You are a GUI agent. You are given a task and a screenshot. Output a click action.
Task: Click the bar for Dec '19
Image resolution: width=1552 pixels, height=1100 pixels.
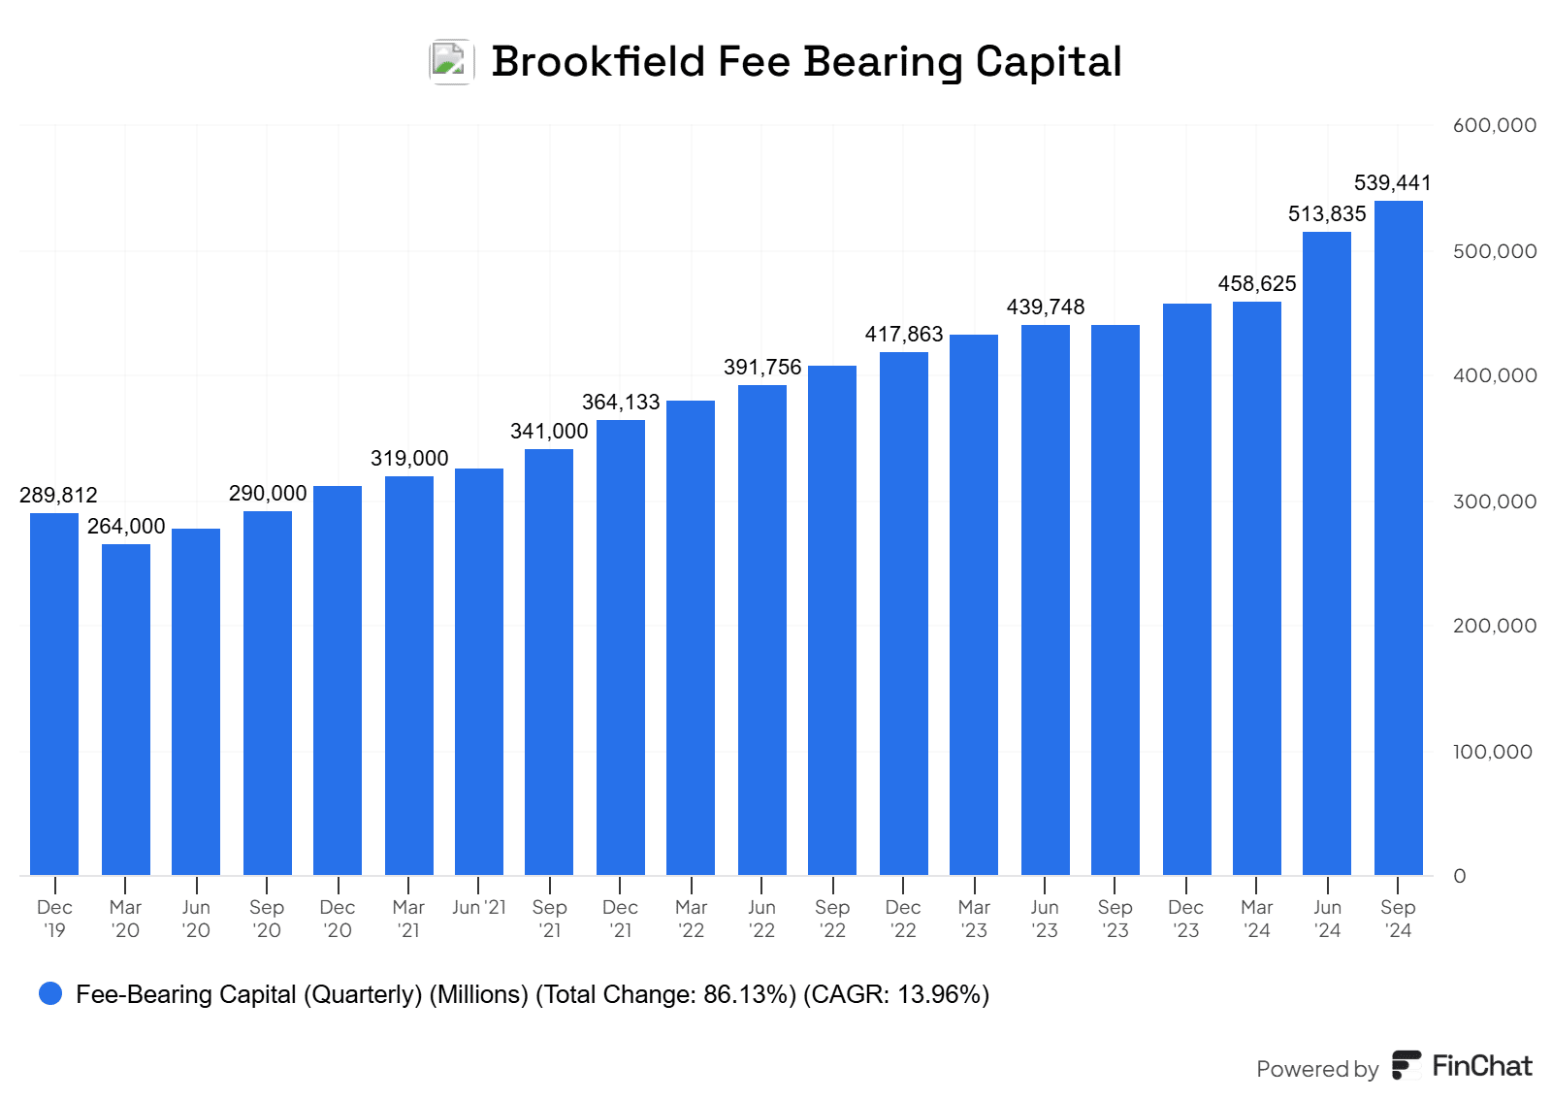[54, 694]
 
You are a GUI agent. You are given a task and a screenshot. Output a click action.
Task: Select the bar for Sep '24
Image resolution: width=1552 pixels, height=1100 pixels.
[1398, 538]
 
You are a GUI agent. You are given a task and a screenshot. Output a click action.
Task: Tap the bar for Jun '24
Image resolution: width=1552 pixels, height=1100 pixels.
[1327, 553]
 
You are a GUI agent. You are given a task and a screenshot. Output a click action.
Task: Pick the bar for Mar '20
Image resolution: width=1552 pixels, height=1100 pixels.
[126, 709]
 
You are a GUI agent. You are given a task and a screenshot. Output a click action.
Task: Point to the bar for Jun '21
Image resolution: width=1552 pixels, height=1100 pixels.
[479, 671]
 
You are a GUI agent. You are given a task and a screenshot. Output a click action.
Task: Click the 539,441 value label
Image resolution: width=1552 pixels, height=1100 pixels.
[1392, 182]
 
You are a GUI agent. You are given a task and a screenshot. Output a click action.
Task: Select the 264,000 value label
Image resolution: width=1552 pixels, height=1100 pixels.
[126, 526]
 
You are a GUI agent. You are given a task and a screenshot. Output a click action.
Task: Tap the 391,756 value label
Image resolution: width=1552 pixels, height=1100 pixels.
[762, 367]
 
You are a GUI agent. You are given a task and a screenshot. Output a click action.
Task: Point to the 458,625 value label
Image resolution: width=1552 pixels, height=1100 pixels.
[1257, 283]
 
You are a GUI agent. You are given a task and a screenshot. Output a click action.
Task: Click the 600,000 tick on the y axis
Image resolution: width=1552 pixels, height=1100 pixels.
[1494, 125]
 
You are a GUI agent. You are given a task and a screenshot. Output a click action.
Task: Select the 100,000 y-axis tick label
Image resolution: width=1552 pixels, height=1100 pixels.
[1492, 752]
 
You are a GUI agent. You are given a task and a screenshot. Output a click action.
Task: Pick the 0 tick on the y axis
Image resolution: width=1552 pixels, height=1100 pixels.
[1460, 876]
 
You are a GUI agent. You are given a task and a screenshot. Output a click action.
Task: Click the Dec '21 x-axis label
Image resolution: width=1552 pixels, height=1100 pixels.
[620, 919]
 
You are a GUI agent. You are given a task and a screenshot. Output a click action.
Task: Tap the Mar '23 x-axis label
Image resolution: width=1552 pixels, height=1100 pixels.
[974, 919]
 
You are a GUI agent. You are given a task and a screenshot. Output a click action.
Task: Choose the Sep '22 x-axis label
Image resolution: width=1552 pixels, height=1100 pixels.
[832, 919]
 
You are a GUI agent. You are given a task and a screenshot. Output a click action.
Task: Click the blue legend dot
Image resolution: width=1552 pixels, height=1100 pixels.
[50, 993]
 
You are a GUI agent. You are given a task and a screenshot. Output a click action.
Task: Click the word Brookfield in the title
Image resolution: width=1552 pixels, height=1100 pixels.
[598, 61]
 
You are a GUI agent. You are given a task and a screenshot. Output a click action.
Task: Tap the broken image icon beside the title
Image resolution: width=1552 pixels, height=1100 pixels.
[451, 61]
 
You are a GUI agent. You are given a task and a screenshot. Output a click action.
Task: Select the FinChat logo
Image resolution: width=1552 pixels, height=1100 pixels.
[1463, 1065]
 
